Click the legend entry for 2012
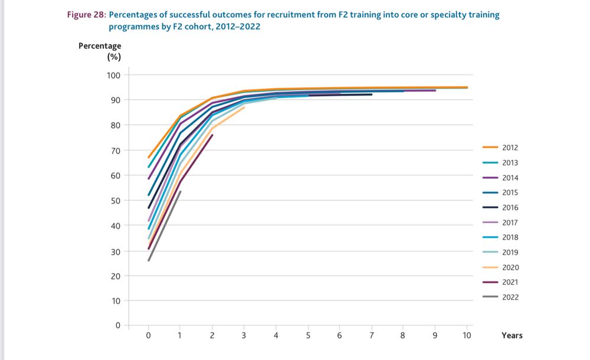tap(510, 148)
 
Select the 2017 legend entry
tap(510, 222)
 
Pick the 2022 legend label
tap(510, 297)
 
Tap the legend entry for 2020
tap(510, 267)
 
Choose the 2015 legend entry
tap(510, 192)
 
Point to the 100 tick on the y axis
tap(113, 75)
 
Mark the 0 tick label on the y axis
tap(117, 325)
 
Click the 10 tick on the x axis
tap(467, 336)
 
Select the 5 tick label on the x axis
tap(308, 336)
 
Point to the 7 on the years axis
tap(372, 336)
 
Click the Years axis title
tap(512, 335)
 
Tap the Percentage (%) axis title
tap(100, 51)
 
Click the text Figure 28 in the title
tap(85, 15)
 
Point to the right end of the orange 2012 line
tap(467, 87)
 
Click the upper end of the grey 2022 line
tap(181, 191)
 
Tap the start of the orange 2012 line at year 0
tap(148, 158)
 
